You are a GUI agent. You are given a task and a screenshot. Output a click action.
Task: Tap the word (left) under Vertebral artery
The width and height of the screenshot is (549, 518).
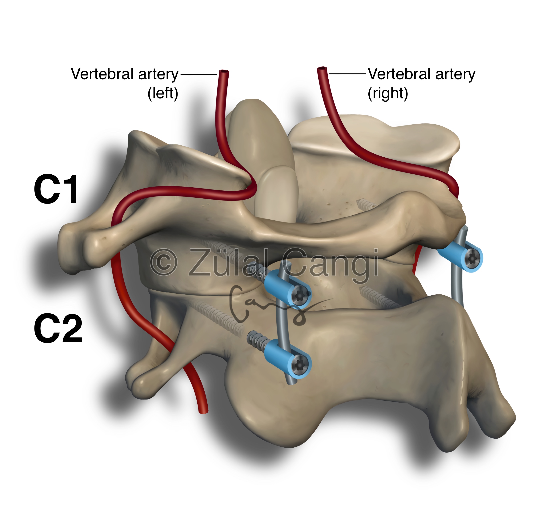point(163,93)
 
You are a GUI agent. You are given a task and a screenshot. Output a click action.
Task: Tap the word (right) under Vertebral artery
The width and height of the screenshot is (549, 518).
point(388,93)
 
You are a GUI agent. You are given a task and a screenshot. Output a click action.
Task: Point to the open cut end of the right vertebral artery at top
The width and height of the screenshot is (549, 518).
point(322,68)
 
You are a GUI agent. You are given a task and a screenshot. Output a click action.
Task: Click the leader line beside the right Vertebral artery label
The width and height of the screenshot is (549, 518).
point(348,74)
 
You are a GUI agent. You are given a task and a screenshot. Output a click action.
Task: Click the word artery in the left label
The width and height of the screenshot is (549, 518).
point(158,74)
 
